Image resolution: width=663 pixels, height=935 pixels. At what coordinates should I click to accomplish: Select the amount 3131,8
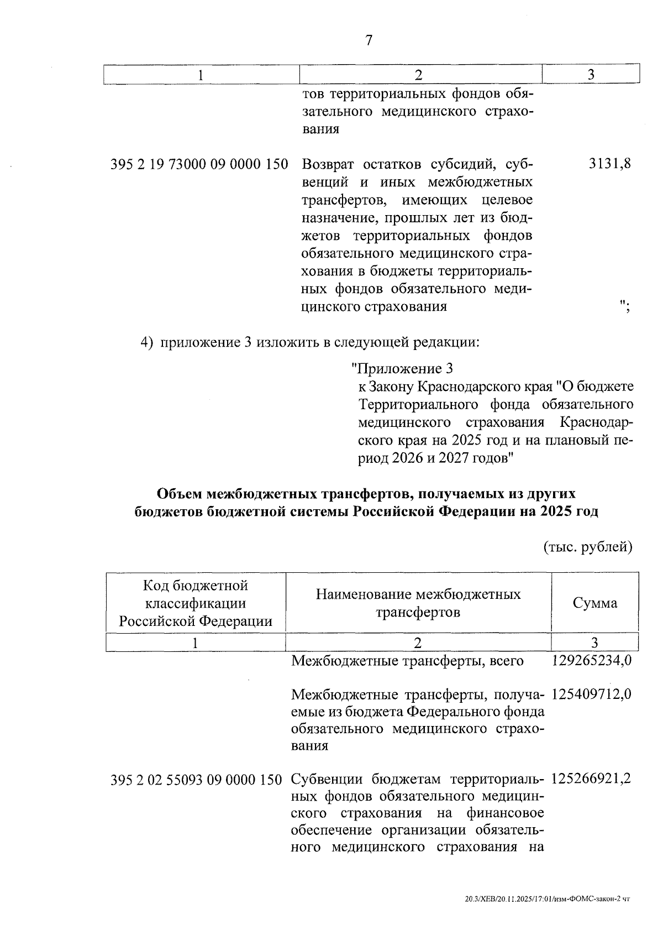coord(610,164)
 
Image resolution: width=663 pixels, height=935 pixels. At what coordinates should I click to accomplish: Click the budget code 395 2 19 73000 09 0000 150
coord(199,164)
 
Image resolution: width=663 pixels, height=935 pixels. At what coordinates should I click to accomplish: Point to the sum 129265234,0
coord(591,661)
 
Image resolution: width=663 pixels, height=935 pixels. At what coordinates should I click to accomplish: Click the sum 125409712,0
coord(591,693)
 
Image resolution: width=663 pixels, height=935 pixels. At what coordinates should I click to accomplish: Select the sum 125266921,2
coord(591,780)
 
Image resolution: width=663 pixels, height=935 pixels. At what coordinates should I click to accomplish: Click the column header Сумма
coord(594,603)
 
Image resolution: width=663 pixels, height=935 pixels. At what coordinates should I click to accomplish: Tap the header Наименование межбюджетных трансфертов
coord(418,603)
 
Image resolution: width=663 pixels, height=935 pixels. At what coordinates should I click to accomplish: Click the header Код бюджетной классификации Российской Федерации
coord(196,603)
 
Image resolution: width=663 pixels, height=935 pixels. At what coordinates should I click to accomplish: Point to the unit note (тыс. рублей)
coord(588,547)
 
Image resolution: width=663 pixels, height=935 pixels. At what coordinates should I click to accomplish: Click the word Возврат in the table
coord(329,164)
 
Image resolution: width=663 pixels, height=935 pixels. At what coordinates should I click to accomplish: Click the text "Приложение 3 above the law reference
coord(402,369)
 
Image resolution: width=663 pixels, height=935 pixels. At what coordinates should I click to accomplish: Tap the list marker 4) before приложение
coord(146,342)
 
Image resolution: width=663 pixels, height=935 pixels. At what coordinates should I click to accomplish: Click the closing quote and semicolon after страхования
coord(625,306)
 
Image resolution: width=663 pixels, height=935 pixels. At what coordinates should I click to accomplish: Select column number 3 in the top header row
coord(591,75)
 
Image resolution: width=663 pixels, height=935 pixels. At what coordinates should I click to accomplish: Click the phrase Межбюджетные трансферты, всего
coord(407,661)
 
